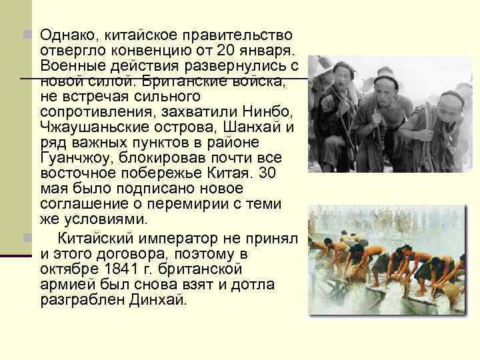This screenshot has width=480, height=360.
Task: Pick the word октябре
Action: pos(65,269)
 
